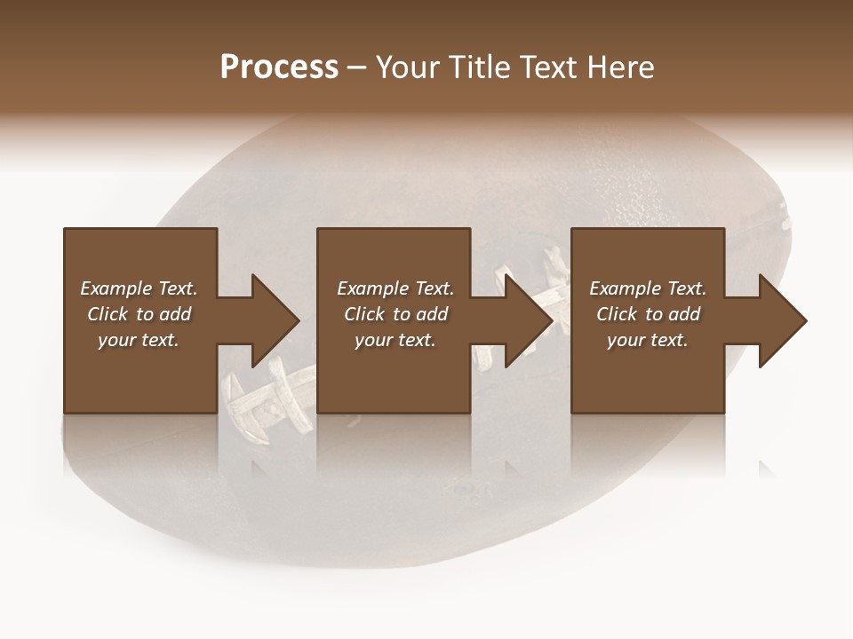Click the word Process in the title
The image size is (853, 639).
[279, 67]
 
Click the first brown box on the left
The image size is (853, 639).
[140, 373]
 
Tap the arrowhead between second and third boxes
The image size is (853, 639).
[528, 320]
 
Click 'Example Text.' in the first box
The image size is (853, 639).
[139, 288]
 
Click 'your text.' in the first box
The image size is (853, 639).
[139, 340]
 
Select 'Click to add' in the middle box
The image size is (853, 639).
[395, 314]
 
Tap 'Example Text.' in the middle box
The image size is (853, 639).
[395, 288]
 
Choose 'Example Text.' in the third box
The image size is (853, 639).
[648, 288]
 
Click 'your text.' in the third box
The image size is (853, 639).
[648, 340]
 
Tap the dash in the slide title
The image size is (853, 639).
[357, 68]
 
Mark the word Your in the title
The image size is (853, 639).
[407, 67]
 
